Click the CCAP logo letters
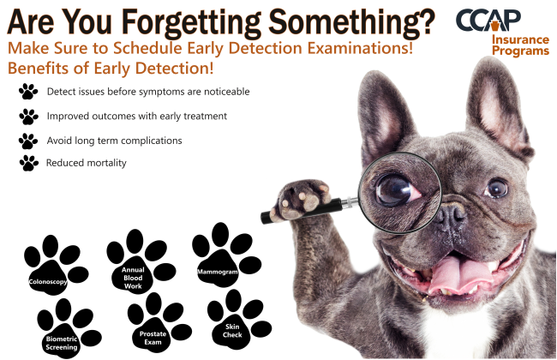[x=488, y=21]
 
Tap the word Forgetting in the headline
[x=191, y=23]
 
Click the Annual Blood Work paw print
[x=141, y=261]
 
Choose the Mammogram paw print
[x=226, y=255]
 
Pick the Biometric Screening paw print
[x=69, y=328]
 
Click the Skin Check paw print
[x=239, y=319]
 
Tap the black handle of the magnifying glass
[x=302, y=211]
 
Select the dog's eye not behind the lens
[x=497, y=188]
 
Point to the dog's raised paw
[x=302, y=199]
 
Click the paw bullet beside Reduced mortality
[x=29, y=163]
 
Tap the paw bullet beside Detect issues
[x=28, y=92]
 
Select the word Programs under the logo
[x=520, y=51]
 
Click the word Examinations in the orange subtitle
[x=360, y=48]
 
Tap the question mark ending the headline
[x=426, y=22]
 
